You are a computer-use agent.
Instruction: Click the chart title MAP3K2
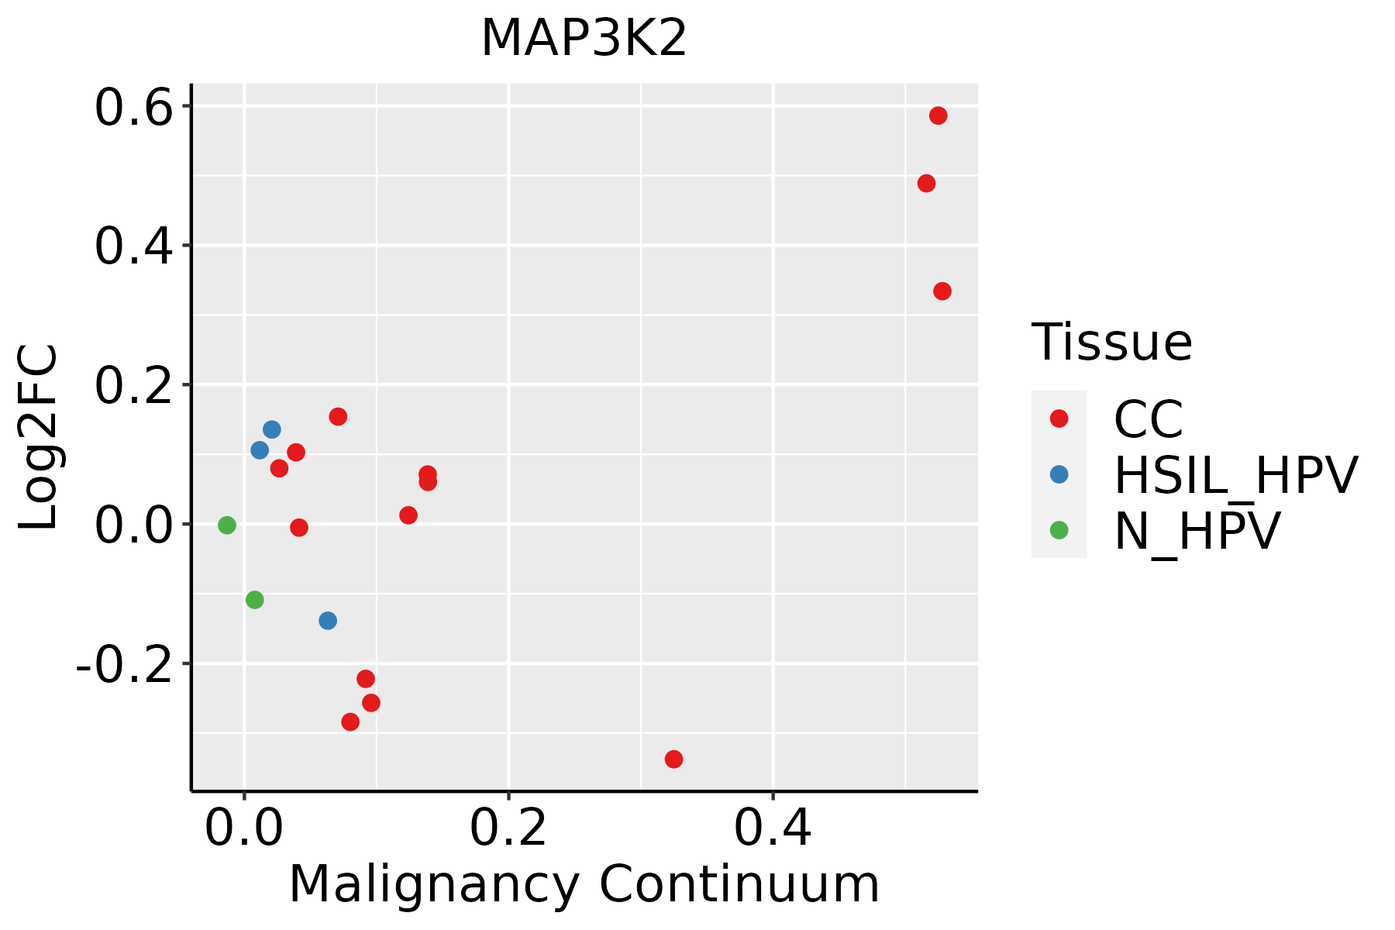(x=584, y=39)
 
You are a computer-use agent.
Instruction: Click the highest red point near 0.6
(x=938, y=116)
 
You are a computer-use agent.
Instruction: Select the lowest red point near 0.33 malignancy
(x=673, y=759)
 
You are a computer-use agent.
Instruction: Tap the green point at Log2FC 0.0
(x=226, y=525)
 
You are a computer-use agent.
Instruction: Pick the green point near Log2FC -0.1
(x=254, y=600)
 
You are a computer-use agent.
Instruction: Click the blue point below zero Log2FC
(x=328, y=621)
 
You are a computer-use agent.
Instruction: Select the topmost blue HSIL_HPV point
(x=271, y=429)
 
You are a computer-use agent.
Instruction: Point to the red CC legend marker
(x=1059, y=418)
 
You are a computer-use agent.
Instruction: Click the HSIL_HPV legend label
(x=1235, y=476)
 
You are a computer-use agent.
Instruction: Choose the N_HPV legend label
(x=1197, y=532)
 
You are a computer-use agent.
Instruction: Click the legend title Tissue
(x=1111, y=343)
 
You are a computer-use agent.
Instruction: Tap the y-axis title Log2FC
(x=39, y=437)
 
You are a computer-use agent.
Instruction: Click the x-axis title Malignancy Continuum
(x=584, y=885)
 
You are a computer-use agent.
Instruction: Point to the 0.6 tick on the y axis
(x=133, y=108)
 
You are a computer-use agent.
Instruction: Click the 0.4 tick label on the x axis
(x=773, y=829)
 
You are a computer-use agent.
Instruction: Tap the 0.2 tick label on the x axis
(x=508, y=829)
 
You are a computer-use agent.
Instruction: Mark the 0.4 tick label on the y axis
(x=133, y=246)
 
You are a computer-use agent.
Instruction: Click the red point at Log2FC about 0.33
(x=942, y=291)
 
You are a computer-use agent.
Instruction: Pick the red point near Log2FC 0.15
(x=338, y=417)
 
